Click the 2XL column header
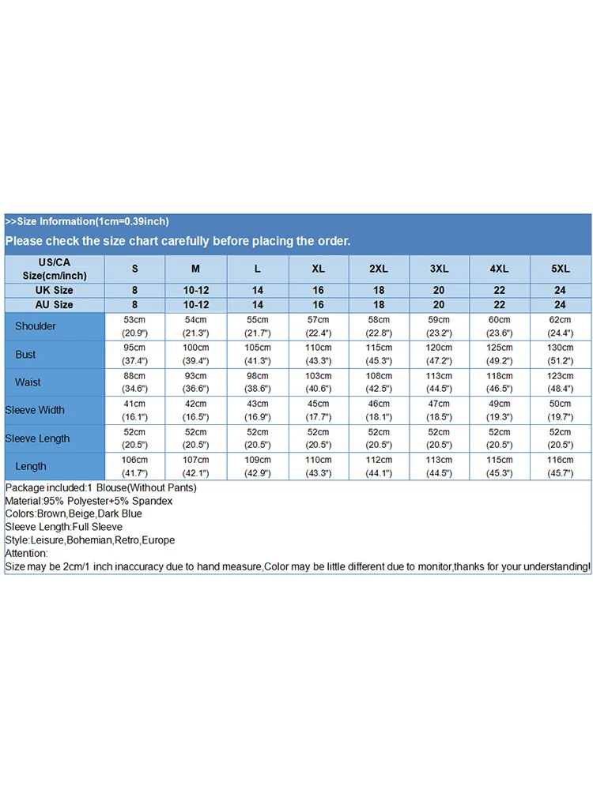pyautogui.click(x=379, y=269)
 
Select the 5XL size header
pyautogui.click(x=561, y=269)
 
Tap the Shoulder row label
pyautogui.click(x=36, y=326)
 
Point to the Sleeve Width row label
pyautogui.click(x=35, y=410)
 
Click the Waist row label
pyautogui.click(x=28, y=382)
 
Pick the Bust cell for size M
pyautogui.click(x=196, y=354)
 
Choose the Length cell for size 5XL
pyautogui.click(x=561, y=466)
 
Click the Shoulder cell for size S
pyautogui.click(x=134, y=326)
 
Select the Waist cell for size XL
pyautogui.click(x=318, y=382)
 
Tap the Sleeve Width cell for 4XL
pyautogui.click(x=500, y=410)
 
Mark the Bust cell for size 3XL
pyautogui.click(x=439, y=354)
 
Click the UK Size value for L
pyautogui.click(x=258, y=291)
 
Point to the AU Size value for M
pyautogui.click(x=196, y=305)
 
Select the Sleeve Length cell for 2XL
pyautogui.click(x=379, y=438)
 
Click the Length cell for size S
pyautogui.click(x=134, y=466)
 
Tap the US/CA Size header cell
pyautogui.click(x=55, y=269)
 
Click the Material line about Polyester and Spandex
pyautogui.click(x=89, y=501)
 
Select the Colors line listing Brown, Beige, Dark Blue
pyautogui.click(x=74, y=514)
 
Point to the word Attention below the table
pyautogui.click(x=26, y=554)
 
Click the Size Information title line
pyautogui.click(x=87, y=222)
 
